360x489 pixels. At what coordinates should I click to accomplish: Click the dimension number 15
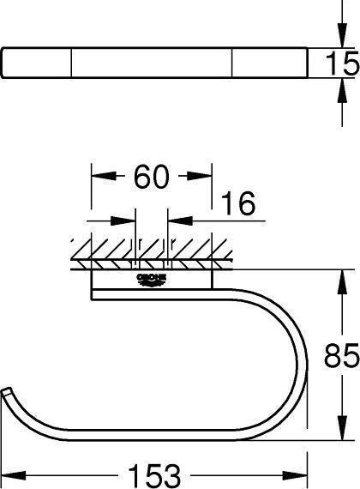coord(342,64)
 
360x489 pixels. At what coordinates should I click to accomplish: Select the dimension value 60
coord(152,177)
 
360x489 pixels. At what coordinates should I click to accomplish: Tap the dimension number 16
coord(237,203)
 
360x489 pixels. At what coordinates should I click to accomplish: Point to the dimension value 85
coord(342,355)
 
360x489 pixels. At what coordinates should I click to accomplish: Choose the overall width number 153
coord(155,476)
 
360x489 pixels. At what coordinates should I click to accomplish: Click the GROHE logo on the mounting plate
coord(152,280)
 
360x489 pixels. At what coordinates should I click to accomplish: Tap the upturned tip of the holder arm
coord(7,391)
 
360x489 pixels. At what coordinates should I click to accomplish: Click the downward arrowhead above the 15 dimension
coord(342,35)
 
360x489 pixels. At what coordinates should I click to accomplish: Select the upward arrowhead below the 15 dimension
coord(342,90)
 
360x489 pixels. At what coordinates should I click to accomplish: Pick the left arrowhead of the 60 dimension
coord(104,176)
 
